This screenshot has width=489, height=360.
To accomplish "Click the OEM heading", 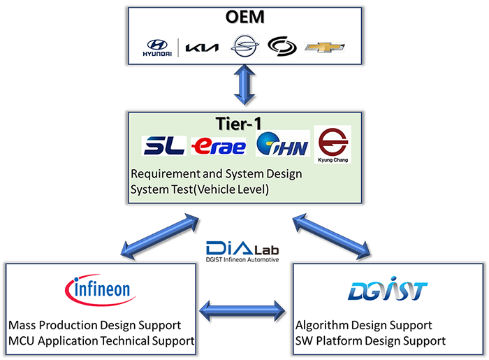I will click(x=244, y=17).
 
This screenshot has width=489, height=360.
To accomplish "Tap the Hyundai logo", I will click(x=158, y=48).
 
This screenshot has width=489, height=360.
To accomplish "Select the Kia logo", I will click(x=203, y=48).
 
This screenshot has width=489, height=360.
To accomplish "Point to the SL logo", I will click(x=164, y=145).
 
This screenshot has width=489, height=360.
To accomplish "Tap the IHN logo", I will click(x=282, y=145).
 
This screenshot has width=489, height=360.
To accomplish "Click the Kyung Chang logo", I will click(x=333, y=144).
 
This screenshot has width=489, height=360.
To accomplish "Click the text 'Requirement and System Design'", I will click(x=216, y=173).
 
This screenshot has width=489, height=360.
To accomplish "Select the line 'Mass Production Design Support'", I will click(x=94, y=325).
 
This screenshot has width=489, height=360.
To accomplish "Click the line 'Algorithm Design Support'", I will click(x=363, y=325).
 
